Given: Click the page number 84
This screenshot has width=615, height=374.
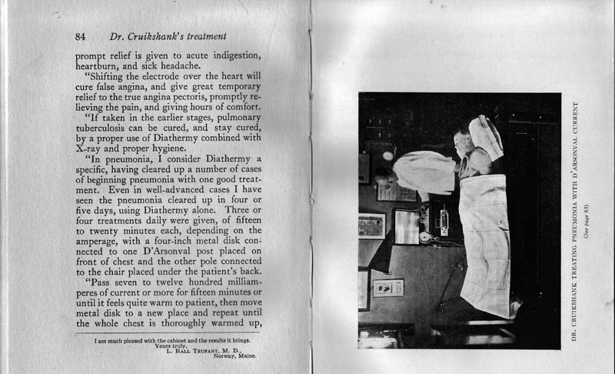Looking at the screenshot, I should [x=81, y=36].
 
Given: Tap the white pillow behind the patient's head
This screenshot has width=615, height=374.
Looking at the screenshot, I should [x=485, y=135].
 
